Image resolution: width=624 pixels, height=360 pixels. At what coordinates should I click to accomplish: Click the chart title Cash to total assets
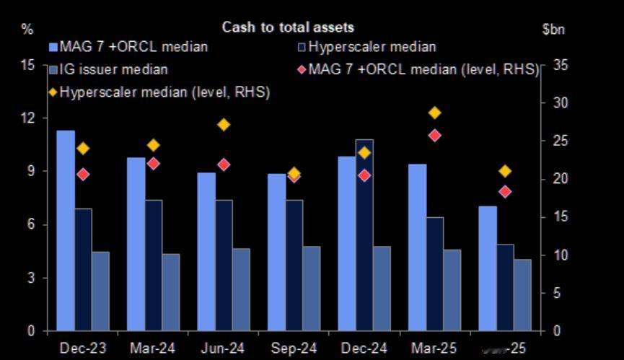click(288, 27)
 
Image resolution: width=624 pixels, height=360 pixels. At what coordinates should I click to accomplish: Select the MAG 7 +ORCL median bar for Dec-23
click(66, 231)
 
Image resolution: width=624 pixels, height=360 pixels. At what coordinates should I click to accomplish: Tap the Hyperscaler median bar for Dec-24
click(364, 235)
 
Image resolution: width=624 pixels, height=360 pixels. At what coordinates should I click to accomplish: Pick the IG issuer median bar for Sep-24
click(312, 289)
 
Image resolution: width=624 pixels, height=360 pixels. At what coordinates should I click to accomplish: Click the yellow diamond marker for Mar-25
click(434, 113)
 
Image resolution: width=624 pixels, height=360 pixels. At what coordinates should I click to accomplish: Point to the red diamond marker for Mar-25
click(434, 135)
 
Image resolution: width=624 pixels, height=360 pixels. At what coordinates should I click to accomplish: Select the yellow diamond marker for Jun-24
click(224, 125)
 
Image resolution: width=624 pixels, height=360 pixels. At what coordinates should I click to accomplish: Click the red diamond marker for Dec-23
click(83, 174)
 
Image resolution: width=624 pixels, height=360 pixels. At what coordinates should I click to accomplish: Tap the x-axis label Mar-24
click(153, 348)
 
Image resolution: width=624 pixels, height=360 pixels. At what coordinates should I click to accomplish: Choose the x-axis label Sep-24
click(294, 348)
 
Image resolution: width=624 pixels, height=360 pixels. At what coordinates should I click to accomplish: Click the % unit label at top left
click(27, 30)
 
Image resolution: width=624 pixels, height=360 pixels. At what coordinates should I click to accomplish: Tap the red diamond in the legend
click(302, 70)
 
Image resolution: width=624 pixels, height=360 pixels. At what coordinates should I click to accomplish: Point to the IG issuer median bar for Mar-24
click(171, 292)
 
